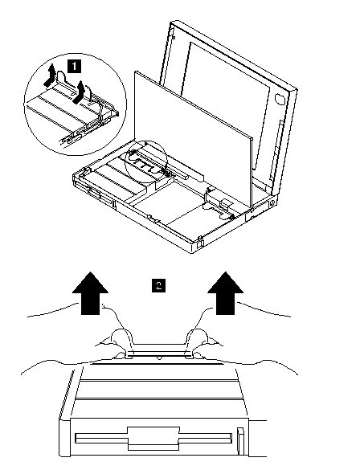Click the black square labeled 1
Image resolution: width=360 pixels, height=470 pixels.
[x=75, y=66]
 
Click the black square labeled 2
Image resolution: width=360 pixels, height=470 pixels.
[x=158, y=284]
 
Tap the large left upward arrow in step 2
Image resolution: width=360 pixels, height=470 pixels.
[x=90, y=293]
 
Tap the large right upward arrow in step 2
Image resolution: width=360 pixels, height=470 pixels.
[x=226, y=293]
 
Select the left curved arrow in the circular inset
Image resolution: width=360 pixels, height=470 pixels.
[x=50, y=75]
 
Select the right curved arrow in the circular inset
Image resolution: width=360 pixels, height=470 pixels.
[x=79, y=92]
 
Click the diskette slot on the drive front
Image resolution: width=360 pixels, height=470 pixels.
[x=153, y=439]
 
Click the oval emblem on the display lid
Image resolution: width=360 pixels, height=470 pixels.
[x=280, y=99]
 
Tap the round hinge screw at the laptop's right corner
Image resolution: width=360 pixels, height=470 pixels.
[x=272, y=203]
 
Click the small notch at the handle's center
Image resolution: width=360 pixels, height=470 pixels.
[x=158, y=358]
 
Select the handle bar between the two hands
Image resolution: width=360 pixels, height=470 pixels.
[x=159, y=349]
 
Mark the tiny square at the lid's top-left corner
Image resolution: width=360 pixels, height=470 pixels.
[x=174, y=37]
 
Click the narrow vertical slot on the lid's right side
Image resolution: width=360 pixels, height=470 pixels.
[x=276, y=150]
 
